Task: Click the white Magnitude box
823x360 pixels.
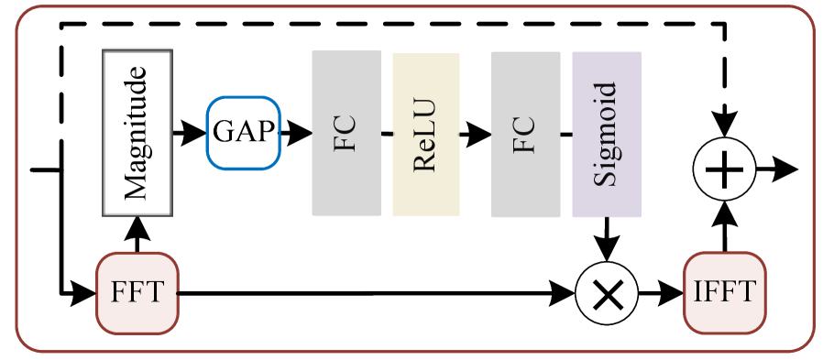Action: [137, 133]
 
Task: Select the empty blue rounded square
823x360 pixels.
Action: [243, 133]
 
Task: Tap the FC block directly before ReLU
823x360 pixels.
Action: [346, 133]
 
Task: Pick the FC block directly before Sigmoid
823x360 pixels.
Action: [525, 133]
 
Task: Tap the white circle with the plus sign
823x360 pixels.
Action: [724, 170]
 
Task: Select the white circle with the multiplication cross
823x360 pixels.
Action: [606, 294]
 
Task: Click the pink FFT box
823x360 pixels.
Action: [137, 293]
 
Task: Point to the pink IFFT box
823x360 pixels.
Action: [724, 293]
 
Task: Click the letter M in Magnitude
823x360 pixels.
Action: [137, 188]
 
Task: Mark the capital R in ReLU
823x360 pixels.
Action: [426, 164]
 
